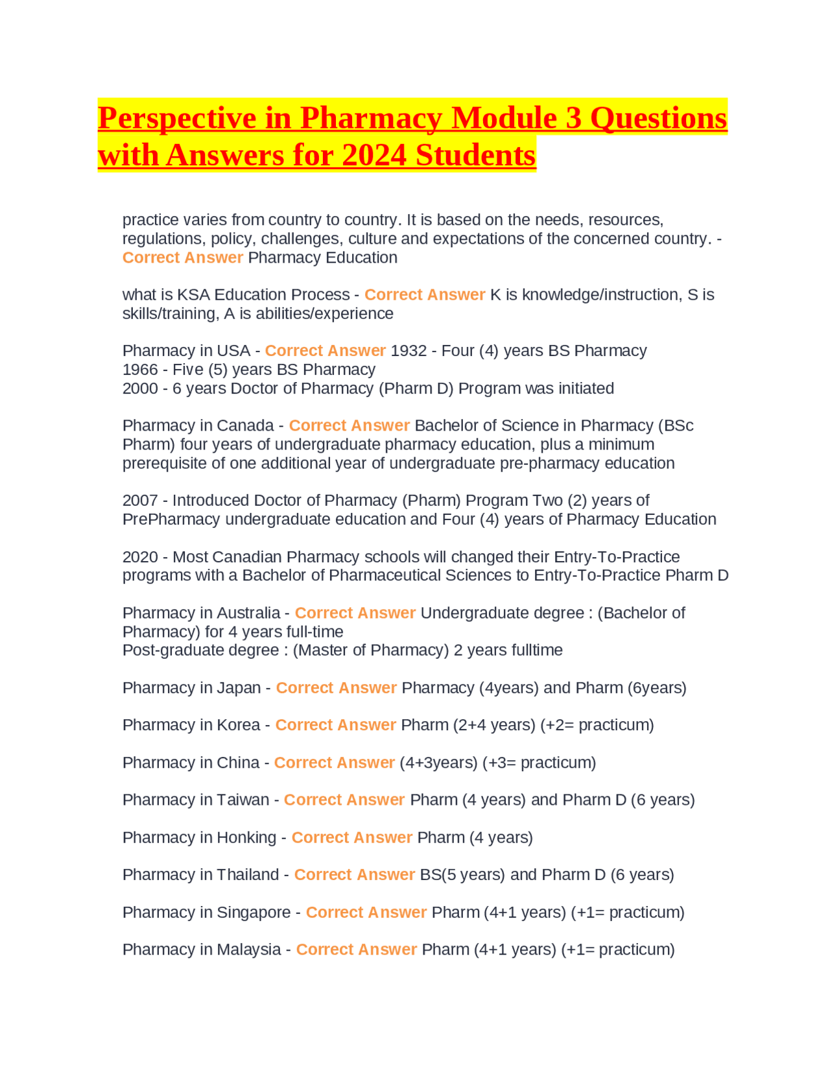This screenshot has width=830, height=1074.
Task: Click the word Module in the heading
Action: (x=504, y=118)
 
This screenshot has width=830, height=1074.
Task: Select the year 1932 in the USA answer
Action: (x=409, y=351)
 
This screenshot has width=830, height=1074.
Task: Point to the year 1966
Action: (x=140, y=370)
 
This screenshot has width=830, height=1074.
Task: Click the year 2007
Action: (x=140, y=501)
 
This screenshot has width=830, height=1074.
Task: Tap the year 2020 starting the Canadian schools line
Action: (x=140, y=557)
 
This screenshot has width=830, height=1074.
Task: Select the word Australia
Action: (x=248, y=613)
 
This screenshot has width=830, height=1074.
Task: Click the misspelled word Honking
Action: (x=246, y=837)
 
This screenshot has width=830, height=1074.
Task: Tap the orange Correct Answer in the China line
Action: (x=334, y=763)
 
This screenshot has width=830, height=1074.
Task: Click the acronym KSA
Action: (x=193, y=295)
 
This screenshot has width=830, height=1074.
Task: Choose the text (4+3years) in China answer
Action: (x=438, y=763)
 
